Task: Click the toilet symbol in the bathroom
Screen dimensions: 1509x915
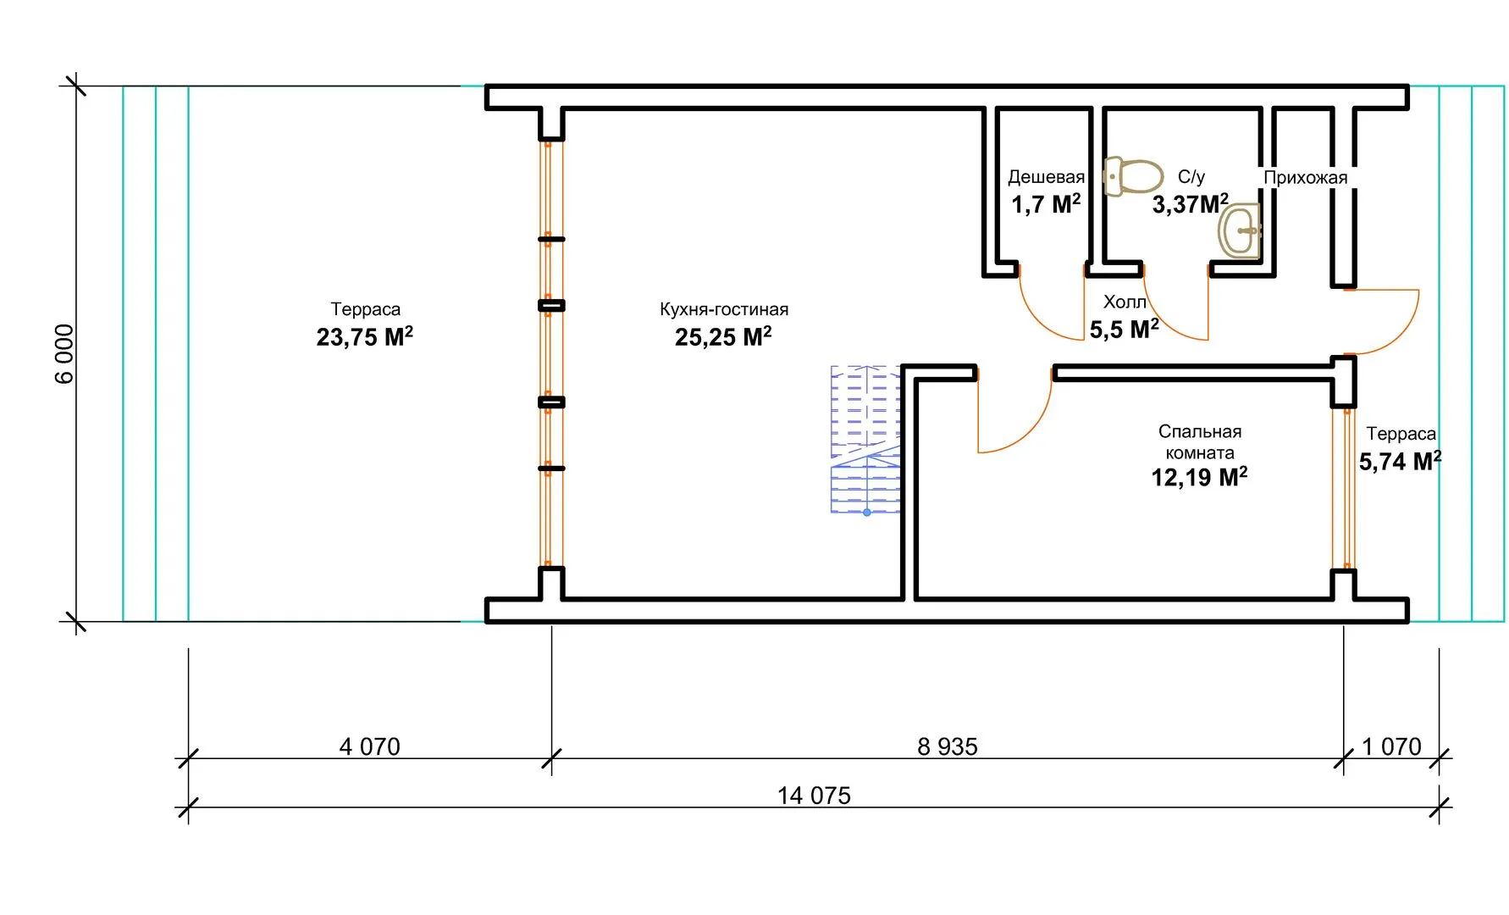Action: pos(1133,176)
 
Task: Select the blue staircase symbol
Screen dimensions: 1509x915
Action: pos(865,440)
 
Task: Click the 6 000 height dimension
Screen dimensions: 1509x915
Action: pos(64,353)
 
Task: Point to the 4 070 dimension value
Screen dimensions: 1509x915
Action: pos(369,746)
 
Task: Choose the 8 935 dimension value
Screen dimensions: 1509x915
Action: pos(948,746)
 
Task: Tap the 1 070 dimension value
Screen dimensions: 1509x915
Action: pos(1391,746)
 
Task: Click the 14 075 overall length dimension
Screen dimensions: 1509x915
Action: pos(814,796)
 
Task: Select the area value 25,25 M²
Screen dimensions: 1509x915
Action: pos(723,336)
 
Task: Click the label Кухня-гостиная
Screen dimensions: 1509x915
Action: pos(724,309)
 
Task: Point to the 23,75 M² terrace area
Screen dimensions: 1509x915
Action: pos(365,336)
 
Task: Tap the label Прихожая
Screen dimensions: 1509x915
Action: pos(1305,178)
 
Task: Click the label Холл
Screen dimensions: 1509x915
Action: pos(1125,302)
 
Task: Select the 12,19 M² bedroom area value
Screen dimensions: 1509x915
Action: pos(1199,477)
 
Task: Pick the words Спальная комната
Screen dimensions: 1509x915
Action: pos(1200,441)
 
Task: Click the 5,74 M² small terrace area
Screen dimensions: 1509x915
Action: pos(1400,461)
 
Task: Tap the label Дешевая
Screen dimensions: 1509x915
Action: pos(1046,177)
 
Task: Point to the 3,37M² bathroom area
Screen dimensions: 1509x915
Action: pos(1190,204)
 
